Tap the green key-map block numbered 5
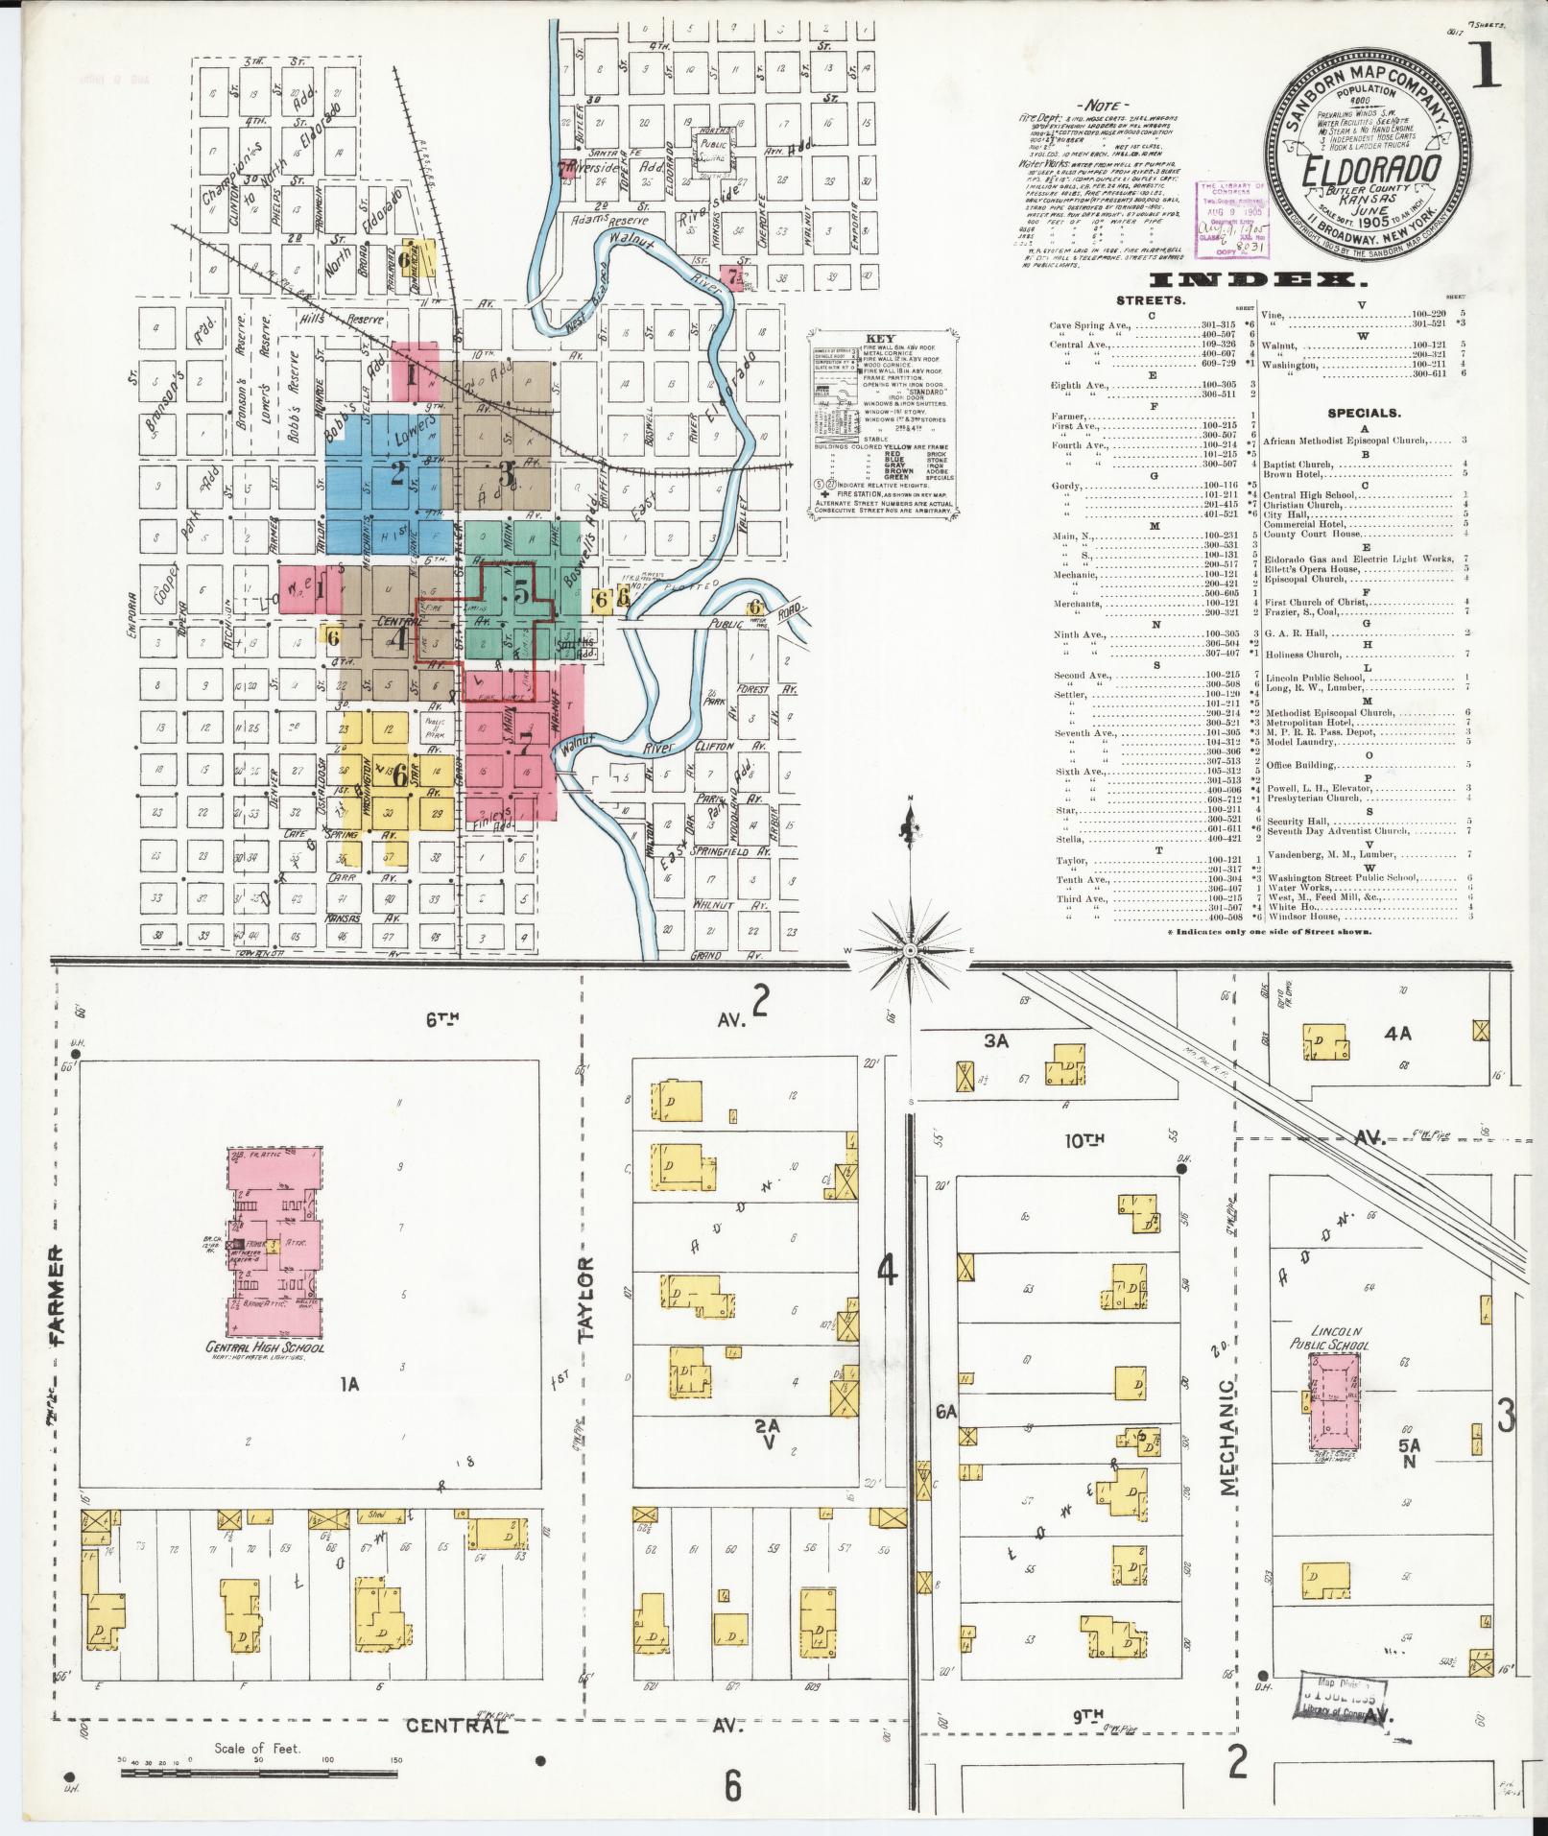pyautogui.click(x=520, y=593)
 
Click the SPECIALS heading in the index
pyautogui.click(x=1363, y=414)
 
